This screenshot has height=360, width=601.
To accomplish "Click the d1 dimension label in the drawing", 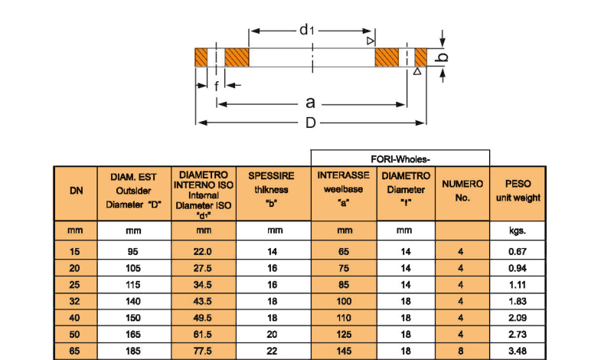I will click(306, 30).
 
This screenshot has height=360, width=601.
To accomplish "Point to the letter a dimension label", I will click(310, 103).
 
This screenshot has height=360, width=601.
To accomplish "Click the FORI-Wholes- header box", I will click(400, 159).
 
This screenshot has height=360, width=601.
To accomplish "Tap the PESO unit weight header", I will click(518, 191).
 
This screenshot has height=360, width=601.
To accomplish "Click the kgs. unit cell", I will click(518, 230).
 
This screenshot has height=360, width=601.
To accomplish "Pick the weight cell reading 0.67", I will click(518, 251).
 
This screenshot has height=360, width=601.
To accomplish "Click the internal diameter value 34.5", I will click(204, 285).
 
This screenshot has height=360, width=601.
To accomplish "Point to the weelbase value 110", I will click(345, 318).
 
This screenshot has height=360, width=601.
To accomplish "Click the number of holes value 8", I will click(461, 352).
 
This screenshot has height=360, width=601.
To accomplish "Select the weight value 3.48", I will click(518, 352).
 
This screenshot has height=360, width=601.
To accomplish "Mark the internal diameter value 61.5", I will click(204, 335).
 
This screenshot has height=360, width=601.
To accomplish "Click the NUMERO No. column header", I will click(462, 191).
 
